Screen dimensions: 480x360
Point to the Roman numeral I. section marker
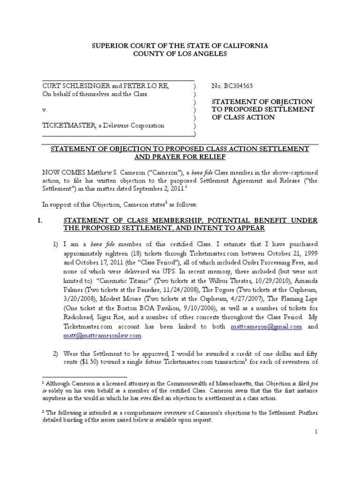45,220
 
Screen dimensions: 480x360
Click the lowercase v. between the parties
45,110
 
